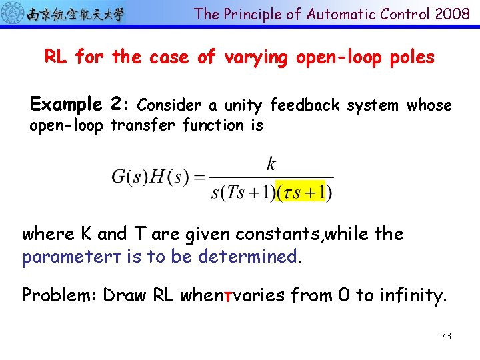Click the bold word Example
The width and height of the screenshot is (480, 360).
coord(65,105)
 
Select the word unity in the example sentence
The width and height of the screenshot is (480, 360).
coord(245,105)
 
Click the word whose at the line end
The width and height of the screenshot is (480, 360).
coord(429,105)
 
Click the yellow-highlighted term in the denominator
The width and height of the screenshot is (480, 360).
coord(304,192)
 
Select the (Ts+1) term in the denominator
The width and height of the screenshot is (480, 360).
coord(247,192)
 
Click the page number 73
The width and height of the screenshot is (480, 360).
coord(446,336)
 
